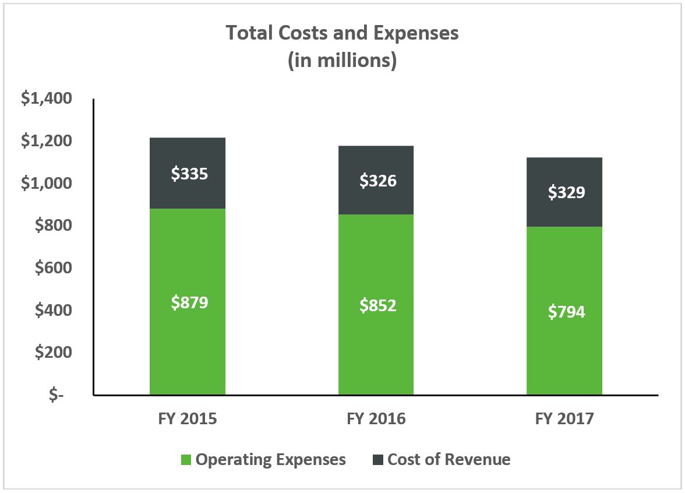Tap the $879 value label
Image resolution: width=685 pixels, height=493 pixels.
coord(189,302)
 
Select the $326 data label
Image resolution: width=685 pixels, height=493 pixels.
coord(377,181)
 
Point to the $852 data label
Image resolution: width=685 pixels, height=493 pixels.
coord(377,305)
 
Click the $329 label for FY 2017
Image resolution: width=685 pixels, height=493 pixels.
coord(566,192)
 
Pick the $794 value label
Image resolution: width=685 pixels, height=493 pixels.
coord(566,311)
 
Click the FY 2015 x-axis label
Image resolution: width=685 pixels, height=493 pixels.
coord(188,418)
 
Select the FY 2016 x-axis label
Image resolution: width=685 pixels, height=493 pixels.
coord(376,418)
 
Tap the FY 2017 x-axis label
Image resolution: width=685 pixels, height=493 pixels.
coord(564,418)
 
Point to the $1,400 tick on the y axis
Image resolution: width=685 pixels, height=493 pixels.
coord(47,98)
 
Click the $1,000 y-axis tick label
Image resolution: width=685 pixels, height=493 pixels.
coord(47,184)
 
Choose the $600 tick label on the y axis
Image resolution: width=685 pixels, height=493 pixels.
coord(51,268)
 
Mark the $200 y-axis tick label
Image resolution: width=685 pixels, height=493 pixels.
coord(51,353)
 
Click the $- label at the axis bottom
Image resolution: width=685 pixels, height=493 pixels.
coord(57,395)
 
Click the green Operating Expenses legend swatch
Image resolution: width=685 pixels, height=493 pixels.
coord(186,460)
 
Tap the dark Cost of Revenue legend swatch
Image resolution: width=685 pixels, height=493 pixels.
coord(377,460)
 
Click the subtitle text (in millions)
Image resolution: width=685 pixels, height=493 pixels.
coord(342,60)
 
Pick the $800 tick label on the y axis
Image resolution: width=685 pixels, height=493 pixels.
coord(51,226)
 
